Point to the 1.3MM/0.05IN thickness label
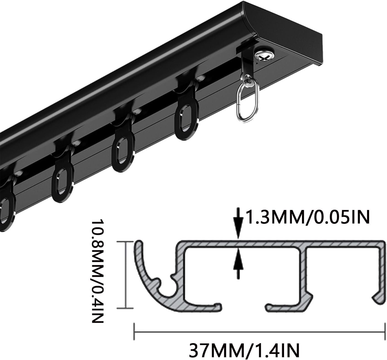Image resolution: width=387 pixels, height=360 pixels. tap(307, 217)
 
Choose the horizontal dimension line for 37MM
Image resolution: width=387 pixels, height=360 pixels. tap(259, 332)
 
